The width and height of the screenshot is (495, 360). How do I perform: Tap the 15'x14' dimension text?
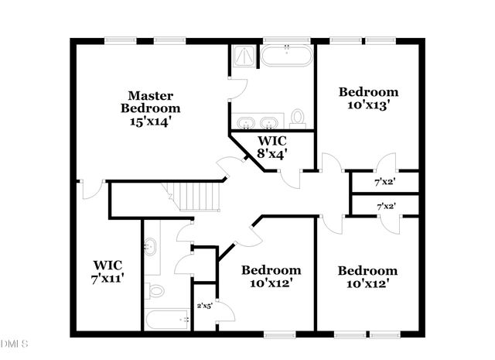coord(149,121)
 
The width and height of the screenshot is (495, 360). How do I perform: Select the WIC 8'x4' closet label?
coord(271,147)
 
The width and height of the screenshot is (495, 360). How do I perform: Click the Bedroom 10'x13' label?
coord(369,99)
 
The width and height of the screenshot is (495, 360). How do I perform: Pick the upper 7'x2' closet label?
coord(384,183)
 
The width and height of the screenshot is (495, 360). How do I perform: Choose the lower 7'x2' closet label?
coord(384,207)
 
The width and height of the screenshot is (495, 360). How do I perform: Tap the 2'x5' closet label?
coord(205,306)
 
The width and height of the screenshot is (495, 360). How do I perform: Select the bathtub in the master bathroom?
coord(286,57)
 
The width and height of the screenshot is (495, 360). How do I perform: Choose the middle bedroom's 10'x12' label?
coord(271,276)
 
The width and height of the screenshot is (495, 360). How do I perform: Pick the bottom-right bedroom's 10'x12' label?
coord(367,277)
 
